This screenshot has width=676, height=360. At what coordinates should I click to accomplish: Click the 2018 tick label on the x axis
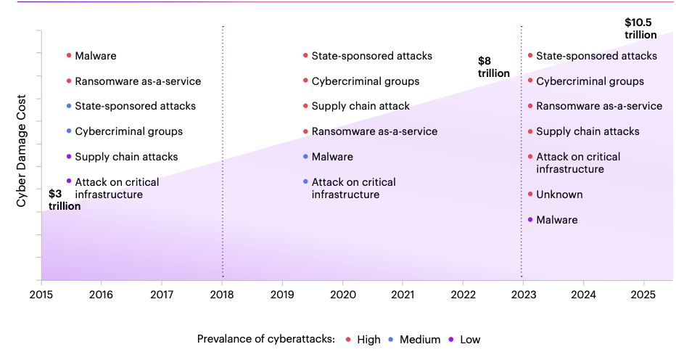(x=222, y=294)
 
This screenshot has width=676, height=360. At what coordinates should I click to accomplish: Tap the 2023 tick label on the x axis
(x=523, y=294)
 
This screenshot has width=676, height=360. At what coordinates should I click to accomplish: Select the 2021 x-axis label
(x=403, y=294)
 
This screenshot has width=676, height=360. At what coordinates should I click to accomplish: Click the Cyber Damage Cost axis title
(x=22, y=150)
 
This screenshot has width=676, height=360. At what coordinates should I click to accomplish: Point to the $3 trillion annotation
(x=64, y=200)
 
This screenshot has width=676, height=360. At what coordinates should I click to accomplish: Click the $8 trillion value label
(x=493, y=67)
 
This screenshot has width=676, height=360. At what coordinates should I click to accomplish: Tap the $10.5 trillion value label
(x=640, y=29)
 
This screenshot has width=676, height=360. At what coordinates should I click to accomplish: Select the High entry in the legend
(x=363, y=339)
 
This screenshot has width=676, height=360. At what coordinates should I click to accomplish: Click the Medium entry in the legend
(x=416, y=339)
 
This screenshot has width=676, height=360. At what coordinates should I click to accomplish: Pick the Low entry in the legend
(x=464, y=339)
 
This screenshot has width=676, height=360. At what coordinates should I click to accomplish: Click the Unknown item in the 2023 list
(x=559, y=195)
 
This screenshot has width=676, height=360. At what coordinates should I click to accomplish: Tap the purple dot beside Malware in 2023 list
(x=530, y=219)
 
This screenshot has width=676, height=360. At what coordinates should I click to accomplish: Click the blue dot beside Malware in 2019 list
(x=305, y=157)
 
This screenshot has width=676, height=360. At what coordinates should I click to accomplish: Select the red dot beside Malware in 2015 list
(x=69, y=56)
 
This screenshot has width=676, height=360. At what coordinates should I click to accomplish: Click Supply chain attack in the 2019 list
(x=360, y=106)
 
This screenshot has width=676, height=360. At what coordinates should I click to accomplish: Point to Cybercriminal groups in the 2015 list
(x=128, y=131)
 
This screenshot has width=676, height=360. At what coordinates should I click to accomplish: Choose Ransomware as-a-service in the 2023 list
(x=599, y=106)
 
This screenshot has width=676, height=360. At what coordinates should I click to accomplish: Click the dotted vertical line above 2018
(x=223, y=145)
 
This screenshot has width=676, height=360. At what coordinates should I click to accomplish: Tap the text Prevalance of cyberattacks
(x=265, y=339)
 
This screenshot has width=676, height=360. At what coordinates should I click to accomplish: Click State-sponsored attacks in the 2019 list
(x=371, y=56)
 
